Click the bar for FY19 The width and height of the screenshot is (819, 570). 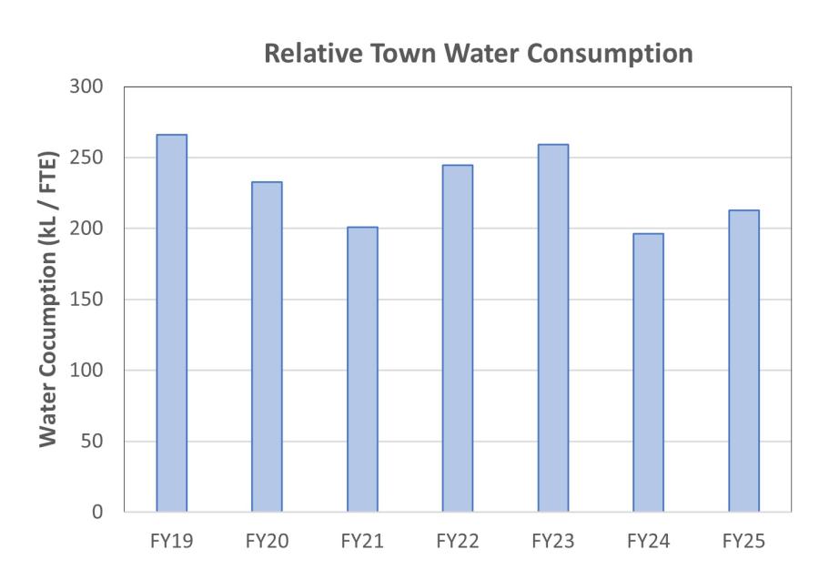[x=171, y=323]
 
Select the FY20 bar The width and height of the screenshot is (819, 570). [x=267, y=347]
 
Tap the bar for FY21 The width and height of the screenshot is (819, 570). [x=362, y=369]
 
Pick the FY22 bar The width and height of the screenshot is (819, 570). [x=458, y=339]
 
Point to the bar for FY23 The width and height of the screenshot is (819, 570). [x=552, y=328]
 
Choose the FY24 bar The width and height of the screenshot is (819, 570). [x=648, y=372]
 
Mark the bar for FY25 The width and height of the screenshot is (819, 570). [x=743, y=361]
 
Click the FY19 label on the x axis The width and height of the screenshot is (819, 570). [x=171, y=542]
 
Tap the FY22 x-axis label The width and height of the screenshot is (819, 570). [x=458, y=542]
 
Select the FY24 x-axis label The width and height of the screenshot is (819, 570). [x=648, y=542]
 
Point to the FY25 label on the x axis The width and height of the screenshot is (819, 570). [x=743, y=542]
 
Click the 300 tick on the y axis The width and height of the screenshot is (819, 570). [x=88, y=87]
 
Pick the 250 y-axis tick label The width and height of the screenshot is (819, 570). [x=88, y=158]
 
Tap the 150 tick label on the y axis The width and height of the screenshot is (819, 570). [x=88, y=300]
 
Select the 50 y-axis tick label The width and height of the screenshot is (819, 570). [x=94, y=442]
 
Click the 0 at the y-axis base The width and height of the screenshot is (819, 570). [x=100, y=513]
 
